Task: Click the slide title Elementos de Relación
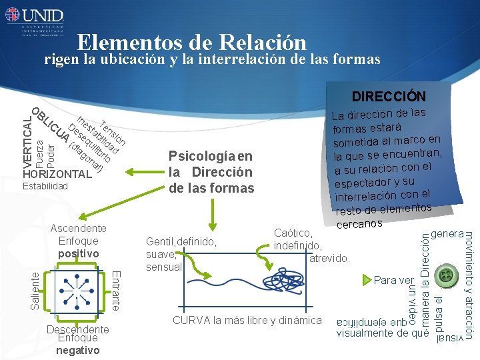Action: pyautogui.click(x=191, y=43)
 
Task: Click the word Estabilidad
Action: pyautogui.click(x=45, y=186)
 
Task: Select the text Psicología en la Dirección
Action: pyautogui.click(x=211, y=172)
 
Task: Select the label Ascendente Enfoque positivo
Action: pyautogui.click(x=78, y=241)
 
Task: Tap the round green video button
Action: pyautogui.click(x=443, y=276)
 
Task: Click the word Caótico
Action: pyautogui.click(x=293, y=233)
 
